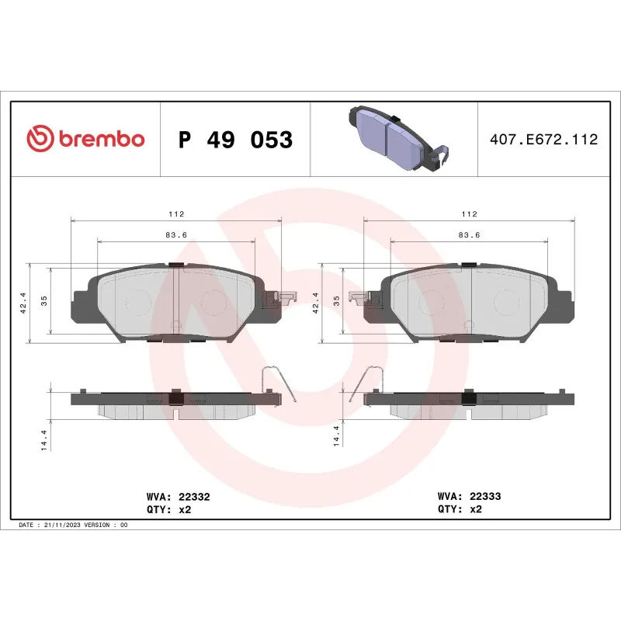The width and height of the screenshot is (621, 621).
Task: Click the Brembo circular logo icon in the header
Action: pos(40,139)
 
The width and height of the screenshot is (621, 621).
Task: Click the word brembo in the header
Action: pos(100,140)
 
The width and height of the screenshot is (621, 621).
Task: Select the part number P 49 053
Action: pos(235,140)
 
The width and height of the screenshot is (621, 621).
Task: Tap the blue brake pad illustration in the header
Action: pos(394,138)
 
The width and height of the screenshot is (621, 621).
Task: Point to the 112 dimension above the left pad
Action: pos(176,213)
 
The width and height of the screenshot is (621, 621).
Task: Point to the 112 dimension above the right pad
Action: pos(469,213)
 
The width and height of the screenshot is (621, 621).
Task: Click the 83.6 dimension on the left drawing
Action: pos(176,234)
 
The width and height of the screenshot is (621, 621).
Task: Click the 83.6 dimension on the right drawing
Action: pos(469,234)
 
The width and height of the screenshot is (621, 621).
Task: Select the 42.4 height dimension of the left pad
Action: pos(23,302)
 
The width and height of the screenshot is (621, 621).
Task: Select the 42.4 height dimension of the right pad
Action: pos(315,302)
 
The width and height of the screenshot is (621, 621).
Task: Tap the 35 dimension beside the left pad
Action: pos(44,302)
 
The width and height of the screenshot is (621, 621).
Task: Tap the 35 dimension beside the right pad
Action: pos(337,302)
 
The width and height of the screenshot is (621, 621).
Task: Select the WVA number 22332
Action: pos(194,495)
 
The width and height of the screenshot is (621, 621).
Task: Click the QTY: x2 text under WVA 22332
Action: pos(168,509)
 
